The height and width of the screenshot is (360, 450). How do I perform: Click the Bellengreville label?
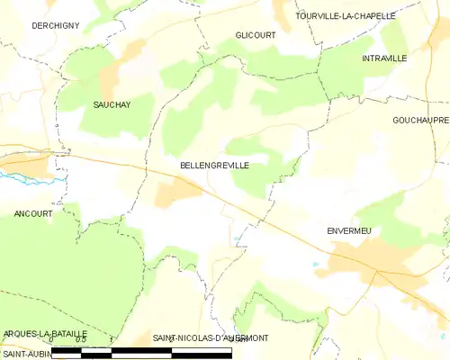(214, 166)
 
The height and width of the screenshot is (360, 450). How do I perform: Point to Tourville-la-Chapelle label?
(346, 16)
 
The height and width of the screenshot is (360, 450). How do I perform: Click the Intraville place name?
(384, 58)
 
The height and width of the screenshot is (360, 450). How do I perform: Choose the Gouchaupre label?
(419, 120)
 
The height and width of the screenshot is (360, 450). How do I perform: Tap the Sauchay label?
(112, 104)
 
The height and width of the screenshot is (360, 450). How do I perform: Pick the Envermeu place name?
(348, 230)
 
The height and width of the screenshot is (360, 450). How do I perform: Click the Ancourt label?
(33, 213)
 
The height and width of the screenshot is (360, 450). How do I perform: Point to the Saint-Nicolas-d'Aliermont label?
(210, 337)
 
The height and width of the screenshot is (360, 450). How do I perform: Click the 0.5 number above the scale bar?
(80, 339)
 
